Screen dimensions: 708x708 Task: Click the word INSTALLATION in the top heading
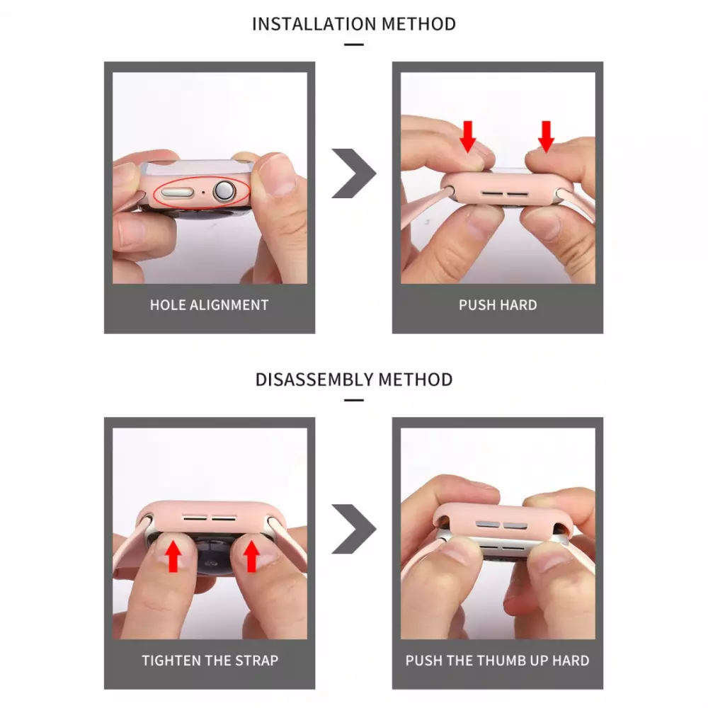coord(315,24)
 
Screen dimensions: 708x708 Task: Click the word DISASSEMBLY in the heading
coord(314,379)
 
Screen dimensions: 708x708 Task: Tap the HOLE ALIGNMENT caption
coord(209,305)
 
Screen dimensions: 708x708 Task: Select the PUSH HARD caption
coord(498,305)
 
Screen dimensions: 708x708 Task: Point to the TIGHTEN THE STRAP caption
coord(210,661)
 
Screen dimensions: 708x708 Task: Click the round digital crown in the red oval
coord(224,191)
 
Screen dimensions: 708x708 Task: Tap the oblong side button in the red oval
coord(178,193)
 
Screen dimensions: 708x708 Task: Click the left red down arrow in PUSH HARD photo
coord(468,137)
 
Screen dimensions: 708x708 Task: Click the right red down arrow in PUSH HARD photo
coord(546,137)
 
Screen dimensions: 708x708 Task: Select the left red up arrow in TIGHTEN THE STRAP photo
coord(173,556)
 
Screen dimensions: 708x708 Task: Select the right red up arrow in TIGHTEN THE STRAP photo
coord(251,556)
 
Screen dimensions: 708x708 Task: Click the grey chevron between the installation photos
coord(355,173)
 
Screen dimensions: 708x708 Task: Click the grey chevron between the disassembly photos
coord(355,529)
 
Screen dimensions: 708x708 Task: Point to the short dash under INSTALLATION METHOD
coord(353,45)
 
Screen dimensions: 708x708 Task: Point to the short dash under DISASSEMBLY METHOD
coord(353,400)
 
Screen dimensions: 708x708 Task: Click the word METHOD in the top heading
coord(418,24)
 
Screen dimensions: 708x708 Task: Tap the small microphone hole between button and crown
coord(203,193)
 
